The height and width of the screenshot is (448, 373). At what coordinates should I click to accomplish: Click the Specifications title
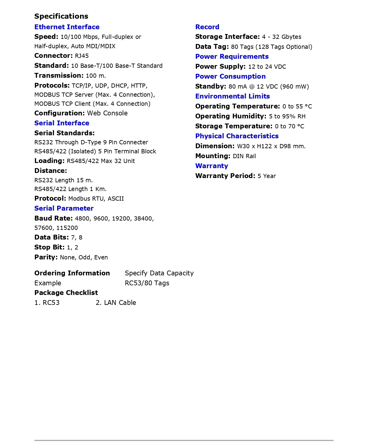61,16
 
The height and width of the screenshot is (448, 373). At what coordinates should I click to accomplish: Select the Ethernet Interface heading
67,27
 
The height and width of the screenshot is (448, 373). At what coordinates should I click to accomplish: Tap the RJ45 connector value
82,56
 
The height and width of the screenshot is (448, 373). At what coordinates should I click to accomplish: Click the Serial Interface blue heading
62,123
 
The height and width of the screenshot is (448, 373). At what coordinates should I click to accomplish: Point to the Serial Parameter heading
64,208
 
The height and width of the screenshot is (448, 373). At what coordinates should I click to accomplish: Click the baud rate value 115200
67,228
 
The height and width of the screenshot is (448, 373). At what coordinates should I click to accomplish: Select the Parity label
46,257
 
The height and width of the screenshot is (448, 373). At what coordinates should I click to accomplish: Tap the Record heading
207,27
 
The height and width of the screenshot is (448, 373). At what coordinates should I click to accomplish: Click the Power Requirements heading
232,56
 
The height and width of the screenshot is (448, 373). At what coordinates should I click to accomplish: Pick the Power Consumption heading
230,76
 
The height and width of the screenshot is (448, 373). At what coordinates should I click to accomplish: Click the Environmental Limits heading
232,96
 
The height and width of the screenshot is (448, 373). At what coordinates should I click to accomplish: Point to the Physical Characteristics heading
237,136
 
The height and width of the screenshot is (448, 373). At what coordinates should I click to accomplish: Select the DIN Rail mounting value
244,156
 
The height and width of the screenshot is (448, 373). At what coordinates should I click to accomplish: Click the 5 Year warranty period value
267,176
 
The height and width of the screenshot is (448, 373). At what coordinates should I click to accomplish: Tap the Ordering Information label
72,273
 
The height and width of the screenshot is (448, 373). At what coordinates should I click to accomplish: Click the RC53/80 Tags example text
147,283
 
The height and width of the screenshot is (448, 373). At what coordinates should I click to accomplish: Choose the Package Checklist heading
66,293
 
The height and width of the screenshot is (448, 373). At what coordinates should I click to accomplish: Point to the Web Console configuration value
107,113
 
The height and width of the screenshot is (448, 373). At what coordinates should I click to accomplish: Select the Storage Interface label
227,37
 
